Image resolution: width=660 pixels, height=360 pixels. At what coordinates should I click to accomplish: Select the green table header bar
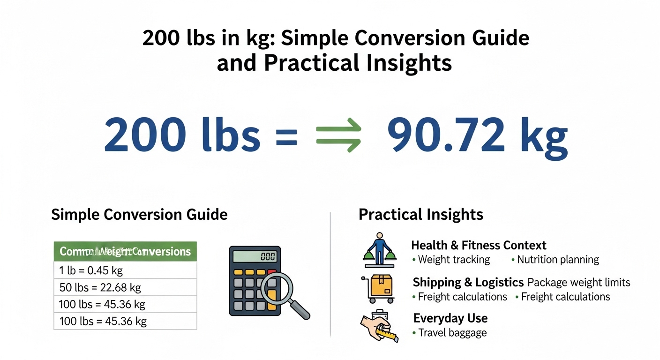(x=125, y=252)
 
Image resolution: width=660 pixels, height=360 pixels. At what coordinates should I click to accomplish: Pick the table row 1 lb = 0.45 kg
(x=125, y=270)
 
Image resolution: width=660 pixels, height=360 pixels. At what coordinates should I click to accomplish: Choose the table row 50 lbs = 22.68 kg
(x=125, y=287)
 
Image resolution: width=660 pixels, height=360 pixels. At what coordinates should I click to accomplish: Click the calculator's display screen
(x=255, y=256)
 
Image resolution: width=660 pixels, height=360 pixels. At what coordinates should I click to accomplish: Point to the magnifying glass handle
(x=300, y=310)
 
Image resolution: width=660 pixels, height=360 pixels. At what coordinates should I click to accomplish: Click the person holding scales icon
(x=379, y=248)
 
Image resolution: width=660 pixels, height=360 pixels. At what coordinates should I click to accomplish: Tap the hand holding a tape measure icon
(x=379, y=326)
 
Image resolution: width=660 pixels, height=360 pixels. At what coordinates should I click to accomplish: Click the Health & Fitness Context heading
(x=479, y=245)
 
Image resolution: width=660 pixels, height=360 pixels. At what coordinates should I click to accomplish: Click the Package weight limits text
(x=579, y=283)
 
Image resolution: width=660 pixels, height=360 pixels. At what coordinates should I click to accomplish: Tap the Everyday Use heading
(x=450, y=319)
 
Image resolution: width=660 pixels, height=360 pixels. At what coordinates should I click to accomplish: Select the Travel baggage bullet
(x=452, y=333)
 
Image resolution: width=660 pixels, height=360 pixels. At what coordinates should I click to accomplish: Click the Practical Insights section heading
(x=420, y=215)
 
